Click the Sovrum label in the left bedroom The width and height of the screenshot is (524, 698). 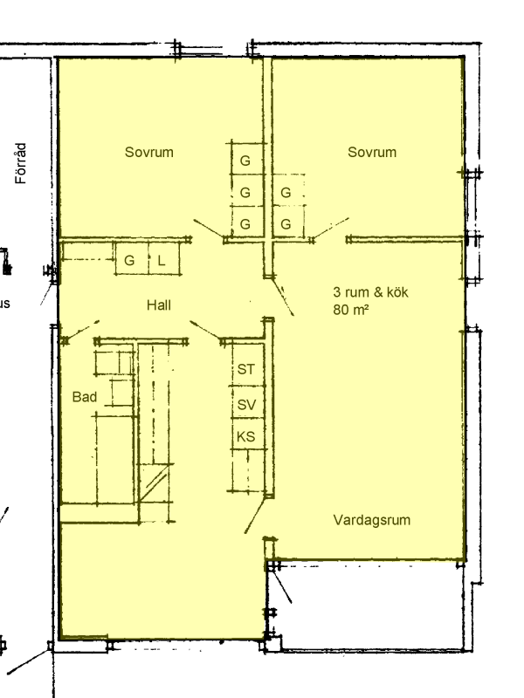pos(148,152)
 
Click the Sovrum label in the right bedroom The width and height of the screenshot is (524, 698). pos(372,152)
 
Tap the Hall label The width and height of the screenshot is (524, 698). pos(159,305)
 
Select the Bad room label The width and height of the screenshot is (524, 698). pos(85,397)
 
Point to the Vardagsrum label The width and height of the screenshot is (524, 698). pos(372,520)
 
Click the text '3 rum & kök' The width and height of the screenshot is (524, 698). pos(370,292)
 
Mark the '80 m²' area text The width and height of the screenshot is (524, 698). pos(351,309)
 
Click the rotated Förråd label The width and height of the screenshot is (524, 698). pos(21,163)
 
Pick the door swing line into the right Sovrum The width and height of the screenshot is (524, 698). pos(331,229)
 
